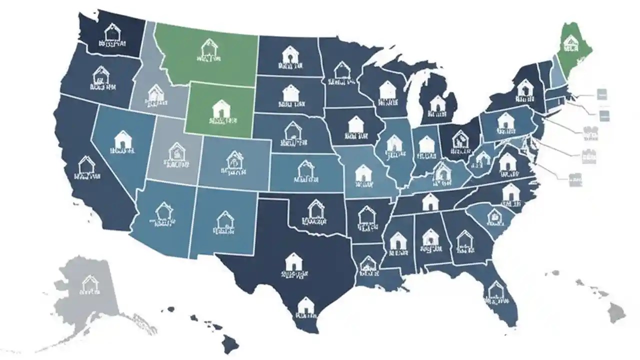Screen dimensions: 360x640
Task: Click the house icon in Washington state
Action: click(x=113, y=32)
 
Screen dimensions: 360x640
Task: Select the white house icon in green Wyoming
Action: click(x=220, y=108)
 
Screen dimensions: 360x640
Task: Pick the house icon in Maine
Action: click(x=569, y=44)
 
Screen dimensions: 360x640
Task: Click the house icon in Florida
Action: click(x=495, y=289)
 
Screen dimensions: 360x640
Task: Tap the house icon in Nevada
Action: click(x=122, y=139)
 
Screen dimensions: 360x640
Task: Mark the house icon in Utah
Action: click(x=176, y=151)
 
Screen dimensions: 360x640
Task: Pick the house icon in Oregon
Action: click(x=101, y=75)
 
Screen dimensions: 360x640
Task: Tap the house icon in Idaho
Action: click(x=155, y=92)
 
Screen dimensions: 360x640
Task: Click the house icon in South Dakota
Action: click(x=290, y=93)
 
